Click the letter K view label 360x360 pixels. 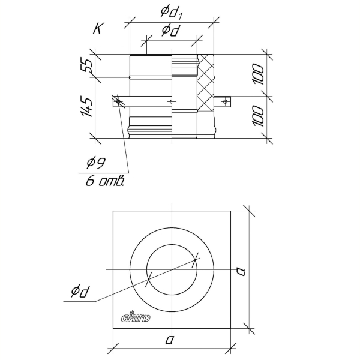coord(98,28)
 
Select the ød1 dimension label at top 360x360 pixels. coord(171,13)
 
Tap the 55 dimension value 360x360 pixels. coord(86,66)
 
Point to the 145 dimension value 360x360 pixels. coord(86,107)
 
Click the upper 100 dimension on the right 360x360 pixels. coord(258,74)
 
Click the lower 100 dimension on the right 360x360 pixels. coord(258,116)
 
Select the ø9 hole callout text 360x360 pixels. coord(96,163)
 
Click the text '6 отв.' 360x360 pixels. coord(105,181)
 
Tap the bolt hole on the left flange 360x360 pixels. coord(118,101)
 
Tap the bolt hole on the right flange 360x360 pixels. coord(225,101)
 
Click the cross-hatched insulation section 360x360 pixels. coord(205,83)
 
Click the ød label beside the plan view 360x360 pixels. coord(79,292)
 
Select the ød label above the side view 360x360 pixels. coord(170,31)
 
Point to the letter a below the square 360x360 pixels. coord(169,340)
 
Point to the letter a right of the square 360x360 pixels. coord(241,272)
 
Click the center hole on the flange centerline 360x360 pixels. coord(171,101)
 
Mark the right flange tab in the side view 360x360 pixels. coord(222,101)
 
